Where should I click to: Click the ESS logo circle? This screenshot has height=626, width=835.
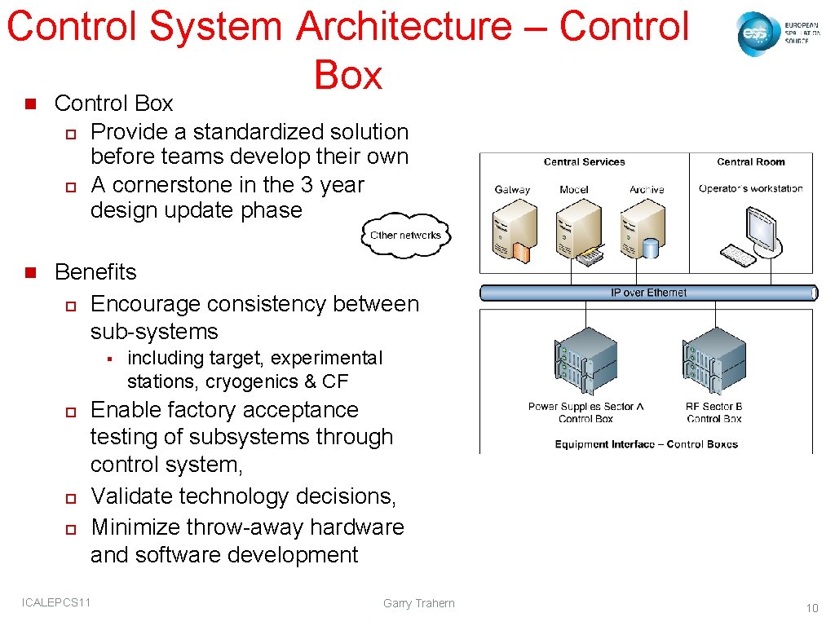click(x=756, y=34)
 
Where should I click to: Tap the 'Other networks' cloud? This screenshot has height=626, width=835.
click(x=405, y=235)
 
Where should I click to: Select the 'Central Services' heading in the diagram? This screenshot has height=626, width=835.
click(x=584, y=162)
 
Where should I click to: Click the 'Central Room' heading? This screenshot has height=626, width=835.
click(x=750, y=162)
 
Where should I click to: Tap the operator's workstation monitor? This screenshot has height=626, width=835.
click(x=762, y=223)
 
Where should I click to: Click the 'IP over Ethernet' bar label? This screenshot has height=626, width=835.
click(x=648, y=293)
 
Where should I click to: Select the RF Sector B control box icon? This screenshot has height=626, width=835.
click(x=713, y=363)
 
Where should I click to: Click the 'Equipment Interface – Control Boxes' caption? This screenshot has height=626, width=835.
click(x=646, y=444)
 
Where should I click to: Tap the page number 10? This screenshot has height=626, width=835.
click(x=811, y=608)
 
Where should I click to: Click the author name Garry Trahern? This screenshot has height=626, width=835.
click(x=418, y=603)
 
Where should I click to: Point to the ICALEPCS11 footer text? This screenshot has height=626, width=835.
click(x=57, y=602)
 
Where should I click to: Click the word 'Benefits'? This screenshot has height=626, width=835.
click(x=95, y=272)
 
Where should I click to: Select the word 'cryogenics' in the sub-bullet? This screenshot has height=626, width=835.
click(x=252, y=381)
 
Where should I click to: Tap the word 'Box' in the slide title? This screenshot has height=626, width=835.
click(x=348, y=75)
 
